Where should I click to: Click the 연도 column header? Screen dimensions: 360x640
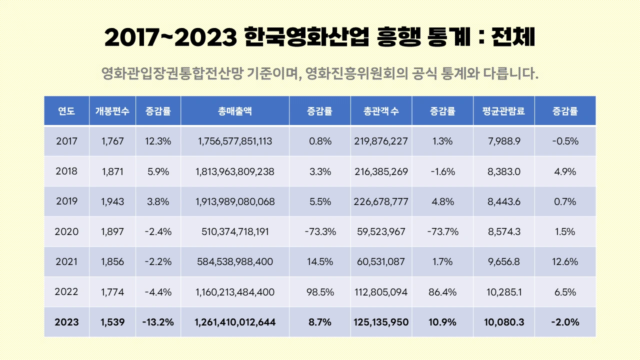point(66,111)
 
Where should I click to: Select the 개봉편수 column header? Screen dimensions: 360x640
point(112,111)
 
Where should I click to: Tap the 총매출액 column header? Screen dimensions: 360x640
point(235,111)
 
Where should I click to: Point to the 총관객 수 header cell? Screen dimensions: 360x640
point(381,111)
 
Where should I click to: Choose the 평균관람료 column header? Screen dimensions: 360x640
point(504,111)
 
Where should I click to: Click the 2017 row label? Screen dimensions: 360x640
point(66,141)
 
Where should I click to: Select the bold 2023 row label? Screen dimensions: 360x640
point(66,322)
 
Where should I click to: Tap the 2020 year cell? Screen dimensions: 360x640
point(66,232)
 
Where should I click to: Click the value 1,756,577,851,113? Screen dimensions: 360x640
point(235,141)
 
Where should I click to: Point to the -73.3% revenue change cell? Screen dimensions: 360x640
point(320,232)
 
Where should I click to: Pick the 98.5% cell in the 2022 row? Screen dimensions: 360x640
point(320,292)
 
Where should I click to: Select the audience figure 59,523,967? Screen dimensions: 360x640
point(381,232)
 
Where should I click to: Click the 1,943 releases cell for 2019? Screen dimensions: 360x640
point(112,202)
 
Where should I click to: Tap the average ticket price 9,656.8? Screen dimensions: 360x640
point(504,262)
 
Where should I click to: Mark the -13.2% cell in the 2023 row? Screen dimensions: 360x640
point(158,322)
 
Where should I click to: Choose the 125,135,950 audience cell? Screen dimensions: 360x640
point(381,322)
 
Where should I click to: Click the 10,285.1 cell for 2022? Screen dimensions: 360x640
point(504,292)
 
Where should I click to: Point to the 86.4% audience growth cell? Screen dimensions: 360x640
point(442,292)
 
